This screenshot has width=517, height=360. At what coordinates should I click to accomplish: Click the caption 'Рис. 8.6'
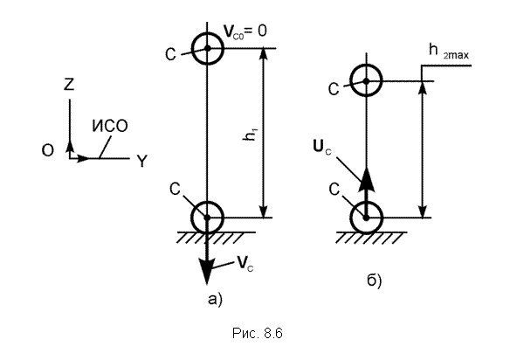coord(257,333)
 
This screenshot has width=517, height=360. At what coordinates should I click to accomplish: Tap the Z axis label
coord(69,84)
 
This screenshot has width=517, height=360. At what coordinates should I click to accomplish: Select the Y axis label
coord(141,162)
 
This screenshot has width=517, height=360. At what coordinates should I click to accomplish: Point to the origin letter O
coord(48,150)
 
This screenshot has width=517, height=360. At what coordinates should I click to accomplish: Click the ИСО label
coord(110,126)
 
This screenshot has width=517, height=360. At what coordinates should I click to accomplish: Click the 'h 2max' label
coord(448,52)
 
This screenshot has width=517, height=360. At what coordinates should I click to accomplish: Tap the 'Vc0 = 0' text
coord(245,31)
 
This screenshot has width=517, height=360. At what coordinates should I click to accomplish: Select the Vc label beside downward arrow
coord(245,264)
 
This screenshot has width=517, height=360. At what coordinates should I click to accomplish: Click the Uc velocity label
coord(322,147)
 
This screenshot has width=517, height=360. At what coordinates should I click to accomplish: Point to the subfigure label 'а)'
coord(216,300)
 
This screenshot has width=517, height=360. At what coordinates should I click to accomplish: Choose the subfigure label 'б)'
coord(375,280)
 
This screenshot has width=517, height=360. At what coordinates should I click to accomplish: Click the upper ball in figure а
coord(207,32)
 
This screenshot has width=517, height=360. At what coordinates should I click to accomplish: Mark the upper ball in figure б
coord(366,65)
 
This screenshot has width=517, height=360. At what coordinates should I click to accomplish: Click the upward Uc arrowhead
coord(366,178)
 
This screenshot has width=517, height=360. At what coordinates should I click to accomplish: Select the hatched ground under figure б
coord(370,238)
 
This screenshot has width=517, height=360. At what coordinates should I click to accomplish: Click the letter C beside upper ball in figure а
coord(170,54)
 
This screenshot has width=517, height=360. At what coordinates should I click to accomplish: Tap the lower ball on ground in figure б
coord(366,202)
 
